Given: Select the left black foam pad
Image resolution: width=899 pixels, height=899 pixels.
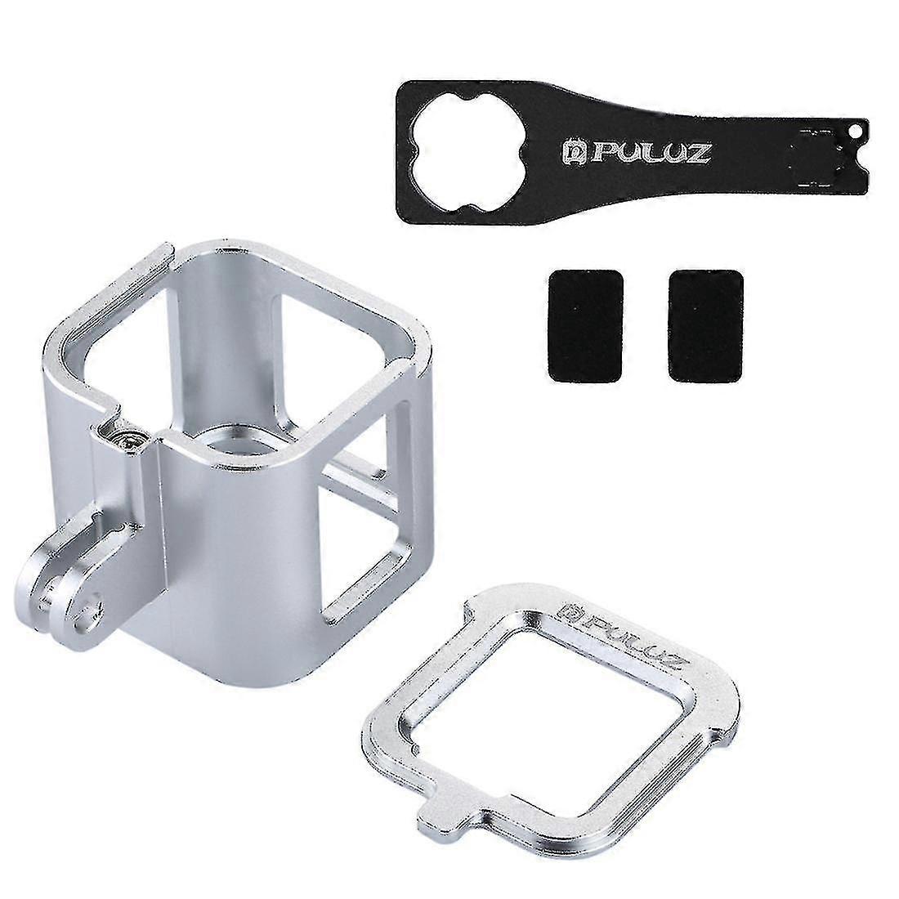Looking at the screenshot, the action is pyautogui.click(x=585, y=325).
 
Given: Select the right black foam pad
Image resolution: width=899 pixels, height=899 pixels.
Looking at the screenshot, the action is pyautogui.click(x=706, y=325).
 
